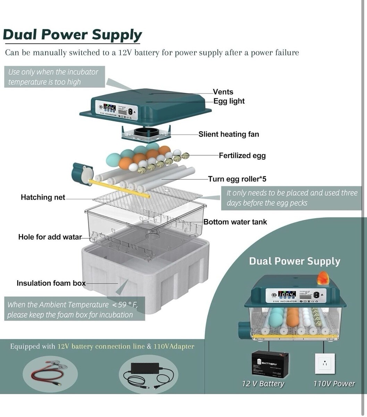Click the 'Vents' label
click(223, 92)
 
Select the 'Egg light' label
click(229, 101)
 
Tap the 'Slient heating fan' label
click(228, 134)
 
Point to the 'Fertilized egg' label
click(242, 155)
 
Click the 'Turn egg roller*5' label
click(237, 179)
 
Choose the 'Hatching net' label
click(43, 197)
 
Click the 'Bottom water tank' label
click(235, 222)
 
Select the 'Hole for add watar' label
click(50, 237)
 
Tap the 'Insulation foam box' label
click(51, 283)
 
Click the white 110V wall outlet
click(325, 363)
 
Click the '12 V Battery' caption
click(263, 384)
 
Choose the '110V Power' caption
click(334, 384)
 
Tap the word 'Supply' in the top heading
click(117, 35)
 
